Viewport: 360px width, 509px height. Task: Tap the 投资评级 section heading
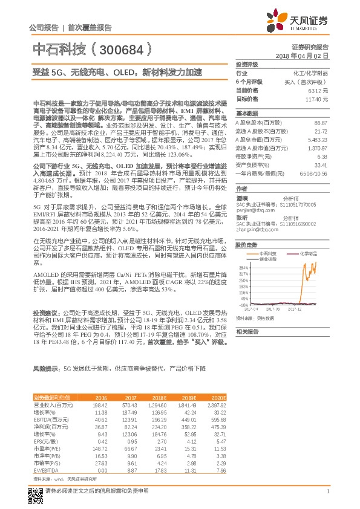[x=247, y=65]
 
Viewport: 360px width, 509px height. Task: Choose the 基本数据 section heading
[x=247, y=114]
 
